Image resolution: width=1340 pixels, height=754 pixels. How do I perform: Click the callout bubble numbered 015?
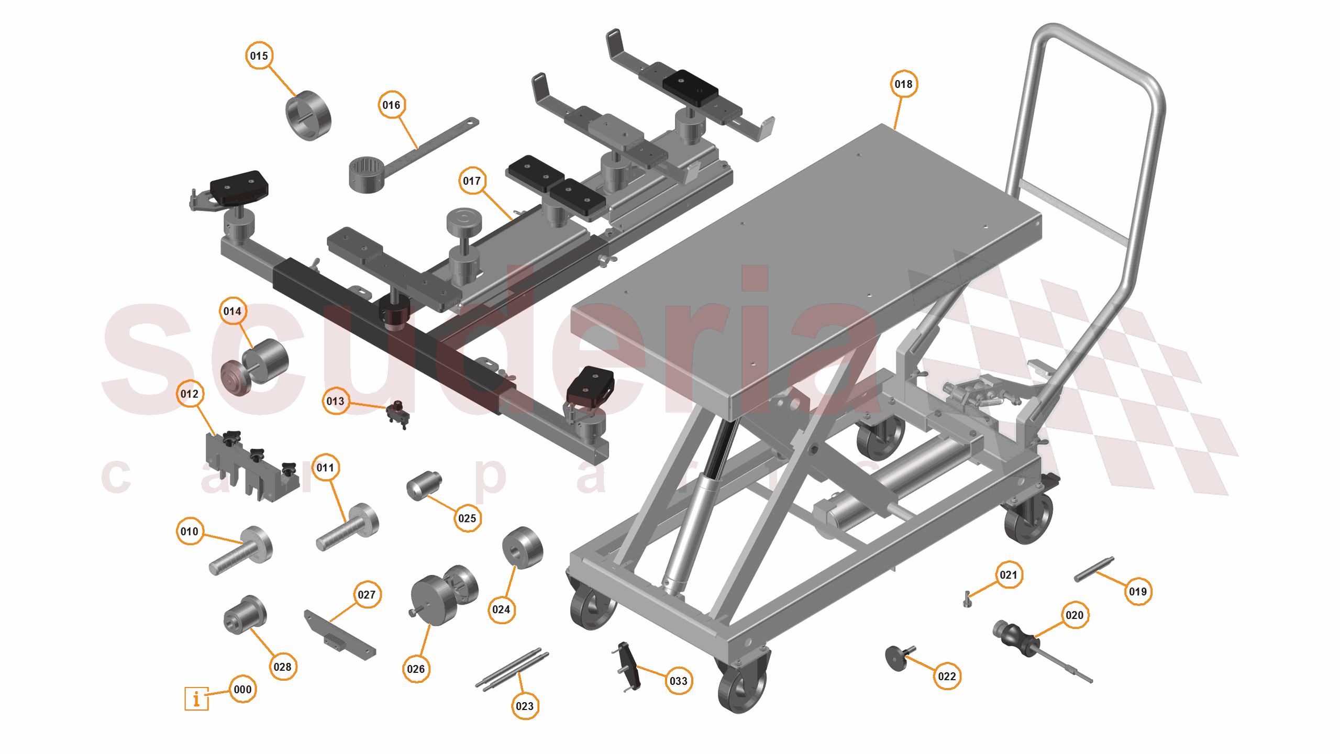[259, 56]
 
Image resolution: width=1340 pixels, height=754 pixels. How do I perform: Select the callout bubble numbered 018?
[903, 84]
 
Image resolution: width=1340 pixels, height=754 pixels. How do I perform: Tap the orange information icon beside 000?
[196, 698]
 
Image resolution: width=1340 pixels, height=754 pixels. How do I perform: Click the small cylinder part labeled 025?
[424, 485]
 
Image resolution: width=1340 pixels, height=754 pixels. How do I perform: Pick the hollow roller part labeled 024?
[522, 548]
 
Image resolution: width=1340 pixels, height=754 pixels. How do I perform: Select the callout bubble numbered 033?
[678, 681]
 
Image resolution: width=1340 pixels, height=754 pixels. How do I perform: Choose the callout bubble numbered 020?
[1075, 615]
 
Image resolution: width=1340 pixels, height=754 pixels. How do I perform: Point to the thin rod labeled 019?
[1094, 569]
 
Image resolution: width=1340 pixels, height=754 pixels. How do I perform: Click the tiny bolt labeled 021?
[968, 598]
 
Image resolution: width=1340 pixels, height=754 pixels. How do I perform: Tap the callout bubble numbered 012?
[190, 394]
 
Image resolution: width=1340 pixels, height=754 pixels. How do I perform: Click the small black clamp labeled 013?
[398, 414]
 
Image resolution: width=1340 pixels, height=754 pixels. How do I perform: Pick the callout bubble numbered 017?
[472, 181]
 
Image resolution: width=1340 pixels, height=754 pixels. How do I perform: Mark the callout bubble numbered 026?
[416, 669]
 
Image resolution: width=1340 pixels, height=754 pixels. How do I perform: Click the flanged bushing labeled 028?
[245, 614]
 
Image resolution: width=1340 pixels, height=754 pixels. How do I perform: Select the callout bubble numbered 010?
[190, 531]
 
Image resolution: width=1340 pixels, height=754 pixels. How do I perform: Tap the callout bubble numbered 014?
[232, 311]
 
